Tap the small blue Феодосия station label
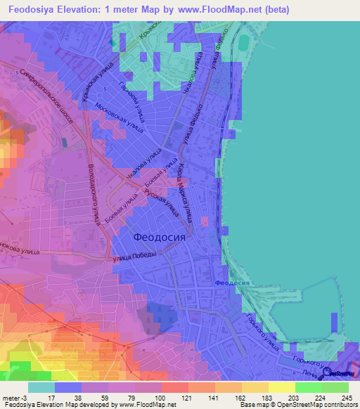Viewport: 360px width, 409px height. coord(231,283)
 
